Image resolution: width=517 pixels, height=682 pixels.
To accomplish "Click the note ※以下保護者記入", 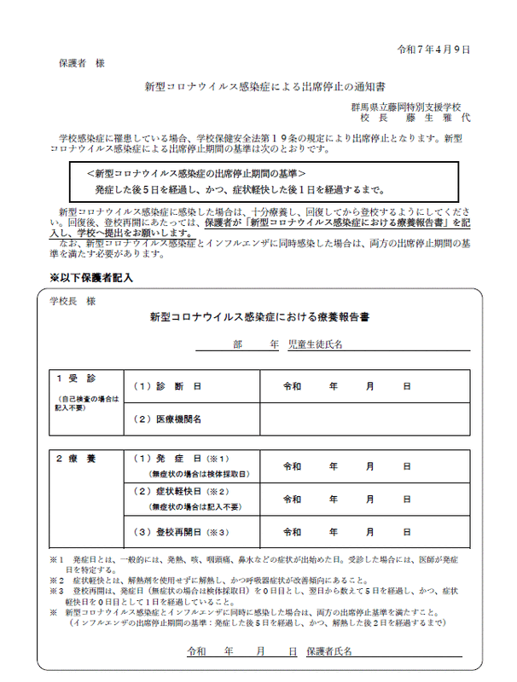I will pos(90,278).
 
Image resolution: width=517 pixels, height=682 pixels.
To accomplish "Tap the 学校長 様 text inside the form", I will pos(73,301).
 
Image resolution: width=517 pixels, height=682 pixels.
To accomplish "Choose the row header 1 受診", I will pos(76,378).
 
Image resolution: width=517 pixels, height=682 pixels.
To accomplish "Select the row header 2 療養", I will pos(76,459).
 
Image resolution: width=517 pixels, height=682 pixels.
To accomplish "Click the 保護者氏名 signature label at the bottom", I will pos(328,650).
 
